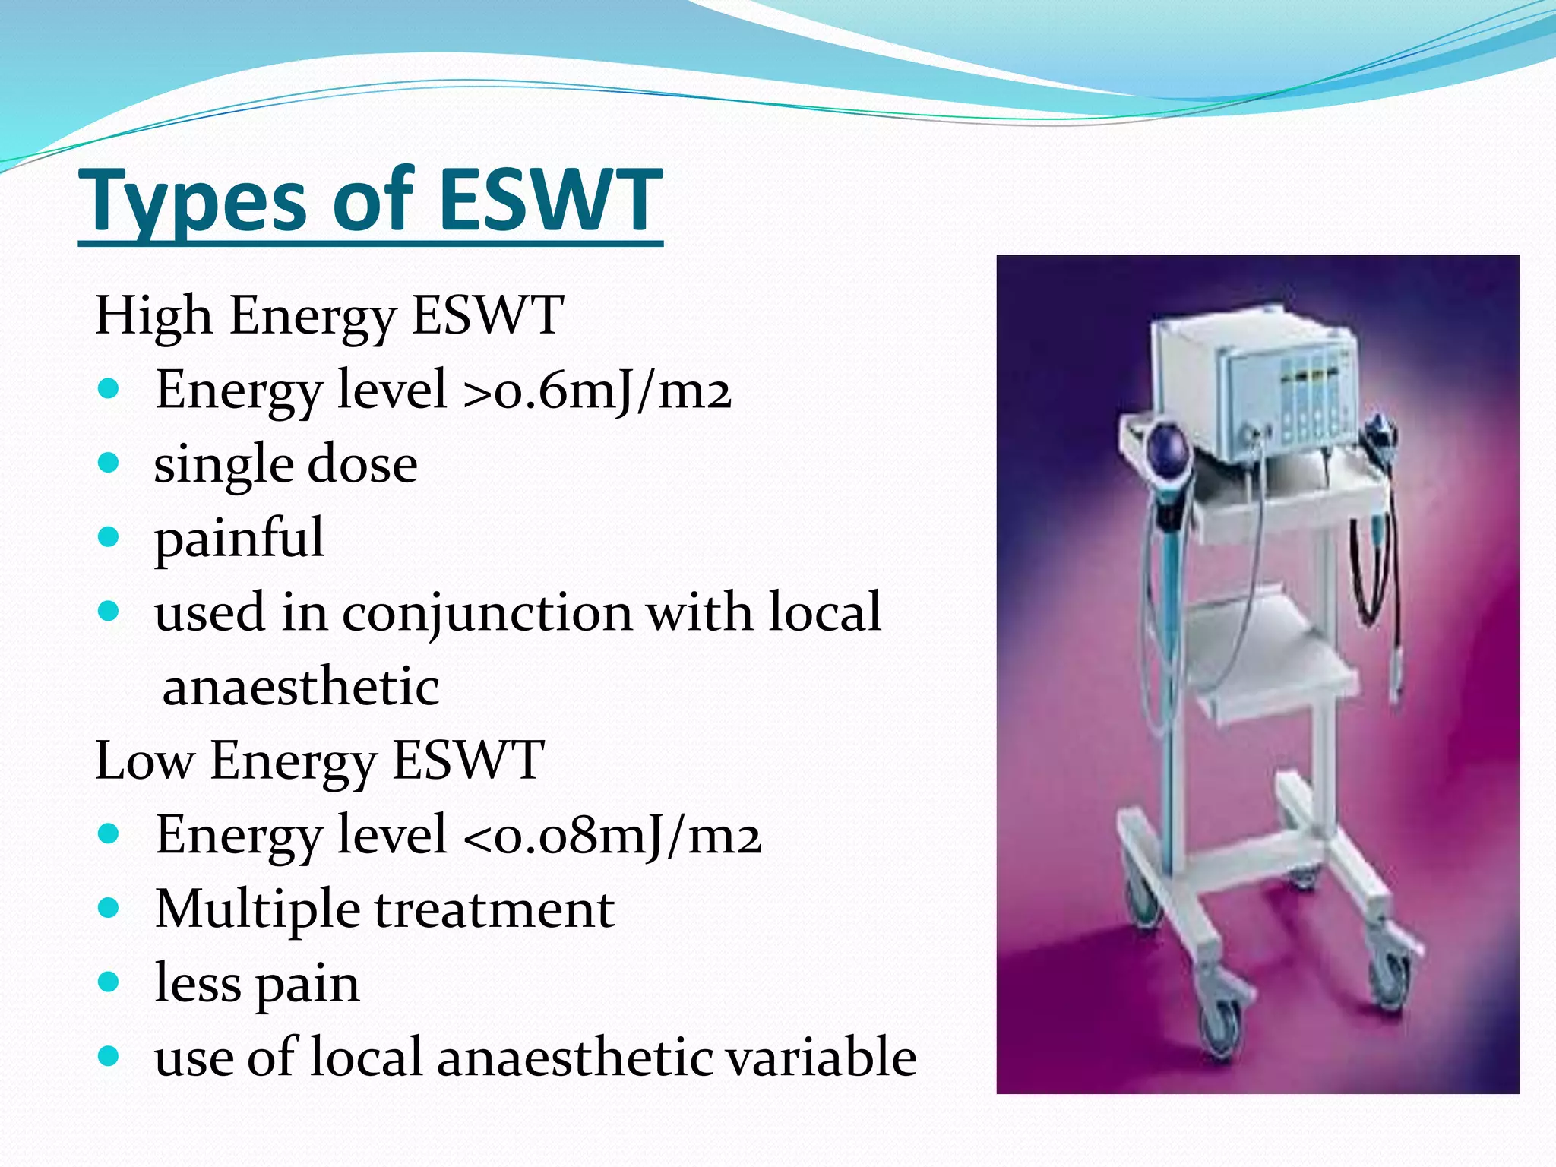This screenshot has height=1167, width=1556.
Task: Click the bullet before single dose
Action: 109,463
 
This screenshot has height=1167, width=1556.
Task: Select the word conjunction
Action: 487,612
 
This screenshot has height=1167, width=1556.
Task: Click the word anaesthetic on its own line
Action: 301,686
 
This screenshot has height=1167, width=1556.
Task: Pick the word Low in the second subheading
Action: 144,761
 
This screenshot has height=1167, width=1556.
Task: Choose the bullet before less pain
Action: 109,982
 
